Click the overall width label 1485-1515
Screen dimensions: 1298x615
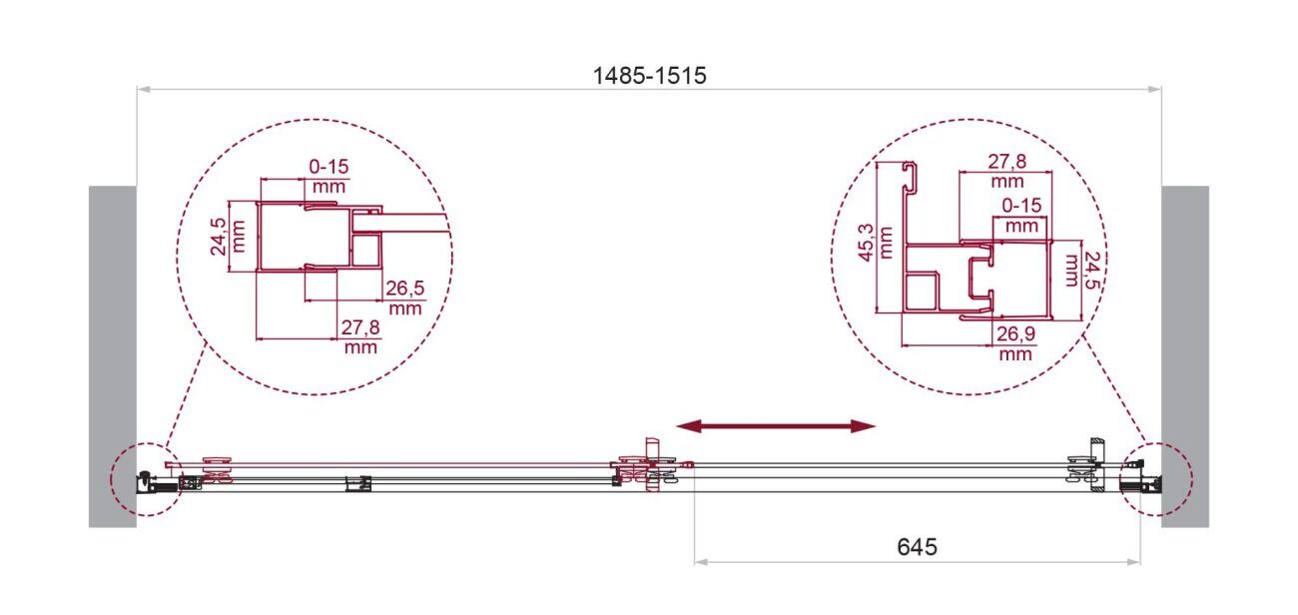coord(650,76)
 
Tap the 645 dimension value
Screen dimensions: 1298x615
coord(917,547)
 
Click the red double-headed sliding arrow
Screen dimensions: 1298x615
coord(776,426)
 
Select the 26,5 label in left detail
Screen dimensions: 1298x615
coord(405,297)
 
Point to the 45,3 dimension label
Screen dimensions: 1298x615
coord(875,243)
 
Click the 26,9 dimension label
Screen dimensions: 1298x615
coord(1015,343)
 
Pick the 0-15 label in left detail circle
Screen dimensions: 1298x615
coord(328,176)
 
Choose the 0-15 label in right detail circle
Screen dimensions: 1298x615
coord(1021,215)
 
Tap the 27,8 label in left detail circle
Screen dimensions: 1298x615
coord(360,336)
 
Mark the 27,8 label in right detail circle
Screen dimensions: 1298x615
coord(1007,171)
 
